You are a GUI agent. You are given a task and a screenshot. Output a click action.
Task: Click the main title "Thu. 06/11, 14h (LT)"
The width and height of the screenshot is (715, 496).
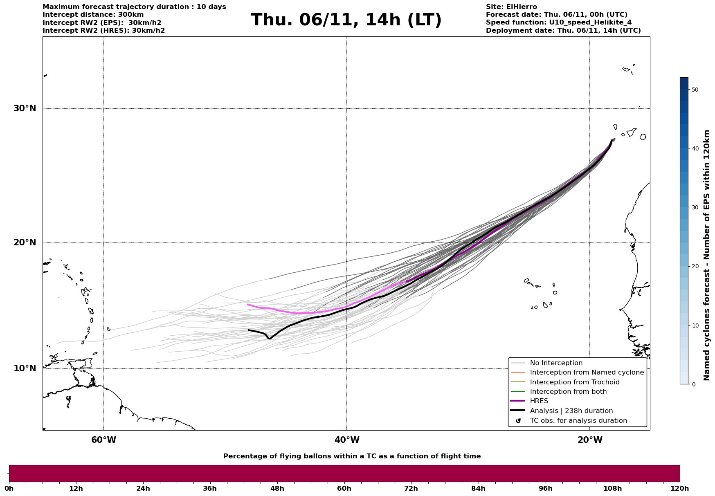(346, 20)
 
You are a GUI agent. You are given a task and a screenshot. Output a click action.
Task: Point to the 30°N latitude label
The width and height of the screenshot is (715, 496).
(25, 108)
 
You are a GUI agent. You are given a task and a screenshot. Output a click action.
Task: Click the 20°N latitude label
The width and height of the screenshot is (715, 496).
(25, 242)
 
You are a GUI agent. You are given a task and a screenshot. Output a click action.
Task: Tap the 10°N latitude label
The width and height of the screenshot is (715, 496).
(25, 368)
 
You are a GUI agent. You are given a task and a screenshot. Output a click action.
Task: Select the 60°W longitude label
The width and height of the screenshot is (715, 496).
(103, 440)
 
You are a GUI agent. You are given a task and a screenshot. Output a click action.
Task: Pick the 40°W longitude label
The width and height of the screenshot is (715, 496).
(347, 440)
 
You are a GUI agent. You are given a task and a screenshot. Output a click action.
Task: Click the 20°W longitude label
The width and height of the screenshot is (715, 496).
(590, 440)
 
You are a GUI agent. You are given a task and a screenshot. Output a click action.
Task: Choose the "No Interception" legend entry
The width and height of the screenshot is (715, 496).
(556, 363)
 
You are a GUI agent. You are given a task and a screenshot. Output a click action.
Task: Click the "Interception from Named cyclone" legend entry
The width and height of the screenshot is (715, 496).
(587, 373)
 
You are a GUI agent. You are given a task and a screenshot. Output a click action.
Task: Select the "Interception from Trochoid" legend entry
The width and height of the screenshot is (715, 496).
(574, 382)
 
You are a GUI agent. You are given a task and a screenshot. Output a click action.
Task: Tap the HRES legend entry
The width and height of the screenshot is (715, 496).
(539, 401)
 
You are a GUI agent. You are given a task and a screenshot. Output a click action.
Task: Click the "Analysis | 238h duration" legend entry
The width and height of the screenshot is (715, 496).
(571, 411)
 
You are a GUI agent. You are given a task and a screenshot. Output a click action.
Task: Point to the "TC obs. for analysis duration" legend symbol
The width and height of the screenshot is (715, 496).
(518, 421)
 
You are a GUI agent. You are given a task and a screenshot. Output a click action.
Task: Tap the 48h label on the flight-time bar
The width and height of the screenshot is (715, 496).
(277, 489)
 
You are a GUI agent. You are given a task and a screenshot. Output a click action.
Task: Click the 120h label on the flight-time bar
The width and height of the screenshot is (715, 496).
(680, 489)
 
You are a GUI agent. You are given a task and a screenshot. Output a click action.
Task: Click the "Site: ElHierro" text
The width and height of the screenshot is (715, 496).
(511, 7)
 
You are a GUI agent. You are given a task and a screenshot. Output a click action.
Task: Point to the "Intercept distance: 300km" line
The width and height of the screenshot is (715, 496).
(93, 15)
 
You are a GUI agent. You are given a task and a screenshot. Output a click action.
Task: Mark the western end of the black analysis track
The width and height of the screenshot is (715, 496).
(249, 330)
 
